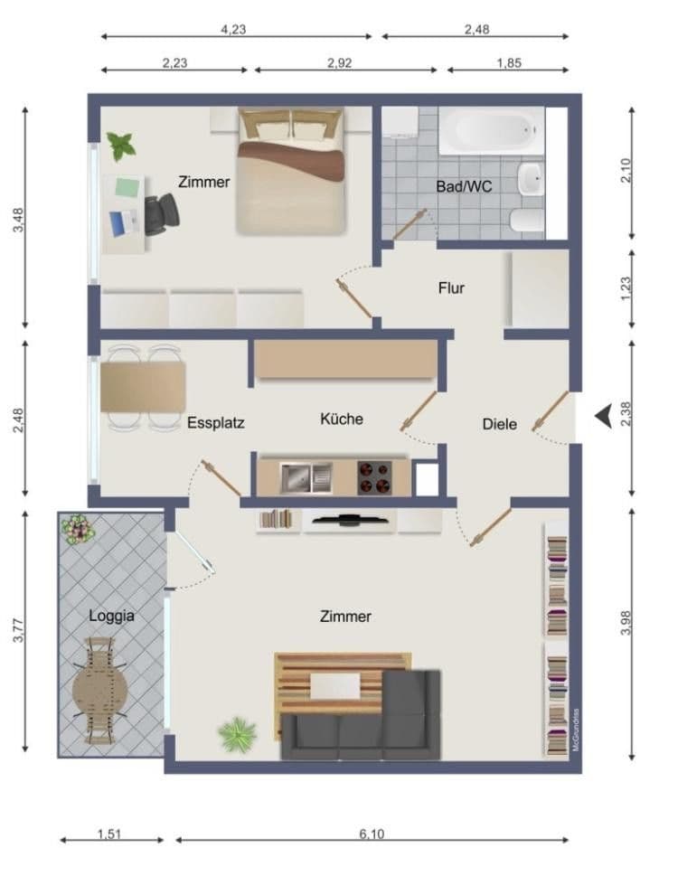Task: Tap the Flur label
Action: [x=451, y=288]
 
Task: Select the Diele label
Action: [x=499, y=423]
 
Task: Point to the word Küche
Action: [x=342, y=419]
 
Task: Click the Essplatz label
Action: [x=216, y=422]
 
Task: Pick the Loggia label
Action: [x=111, y=616]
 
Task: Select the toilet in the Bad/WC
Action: [x=526, y=220]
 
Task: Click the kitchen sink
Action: [x=306, y=476]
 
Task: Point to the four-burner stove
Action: [x=374, y=476]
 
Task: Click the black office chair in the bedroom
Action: [x=162, y=213]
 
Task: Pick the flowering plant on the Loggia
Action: [x=79, y=529]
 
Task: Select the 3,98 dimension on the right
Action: [x=627, y=624]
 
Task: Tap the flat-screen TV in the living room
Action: [x=348, y=520]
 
